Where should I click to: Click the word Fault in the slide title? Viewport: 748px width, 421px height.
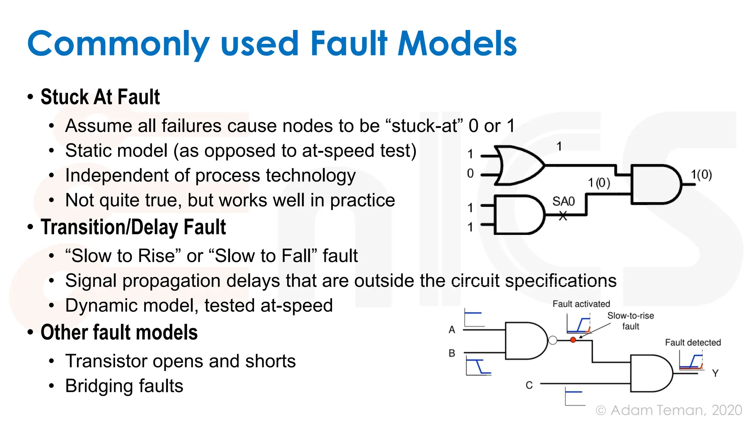click(348, 44)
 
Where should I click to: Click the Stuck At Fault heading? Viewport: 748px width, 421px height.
click(100, 97)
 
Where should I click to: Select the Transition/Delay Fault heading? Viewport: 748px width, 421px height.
click(133, 227)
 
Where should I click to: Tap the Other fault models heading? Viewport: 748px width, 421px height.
click(119, 333)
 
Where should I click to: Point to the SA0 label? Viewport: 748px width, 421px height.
click(563, 201)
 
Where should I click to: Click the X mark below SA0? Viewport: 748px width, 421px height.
click(563, 216)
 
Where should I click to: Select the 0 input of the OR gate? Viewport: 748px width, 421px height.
click(470, 174)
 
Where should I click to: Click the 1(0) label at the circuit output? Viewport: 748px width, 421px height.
click(701, 175)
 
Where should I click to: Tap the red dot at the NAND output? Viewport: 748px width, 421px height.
click(573, 340)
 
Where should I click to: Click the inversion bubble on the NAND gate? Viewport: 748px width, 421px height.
click(553, 340)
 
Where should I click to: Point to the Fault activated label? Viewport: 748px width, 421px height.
click(581, 304)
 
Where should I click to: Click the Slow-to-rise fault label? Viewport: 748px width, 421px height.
click(630, 321)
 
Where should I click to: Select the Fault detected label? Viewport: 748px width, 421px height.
click(692, 342)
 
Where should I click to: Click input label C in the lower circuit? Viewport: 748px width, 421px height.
click(529, 385)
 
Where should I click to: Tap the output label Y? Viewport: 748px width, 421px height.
click(715, 373)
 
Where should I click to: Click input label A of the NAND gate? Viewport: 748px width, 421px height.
click(452, 330)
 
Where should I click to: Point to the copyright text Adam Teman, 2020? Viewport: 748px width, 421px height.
click(676, 410)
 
